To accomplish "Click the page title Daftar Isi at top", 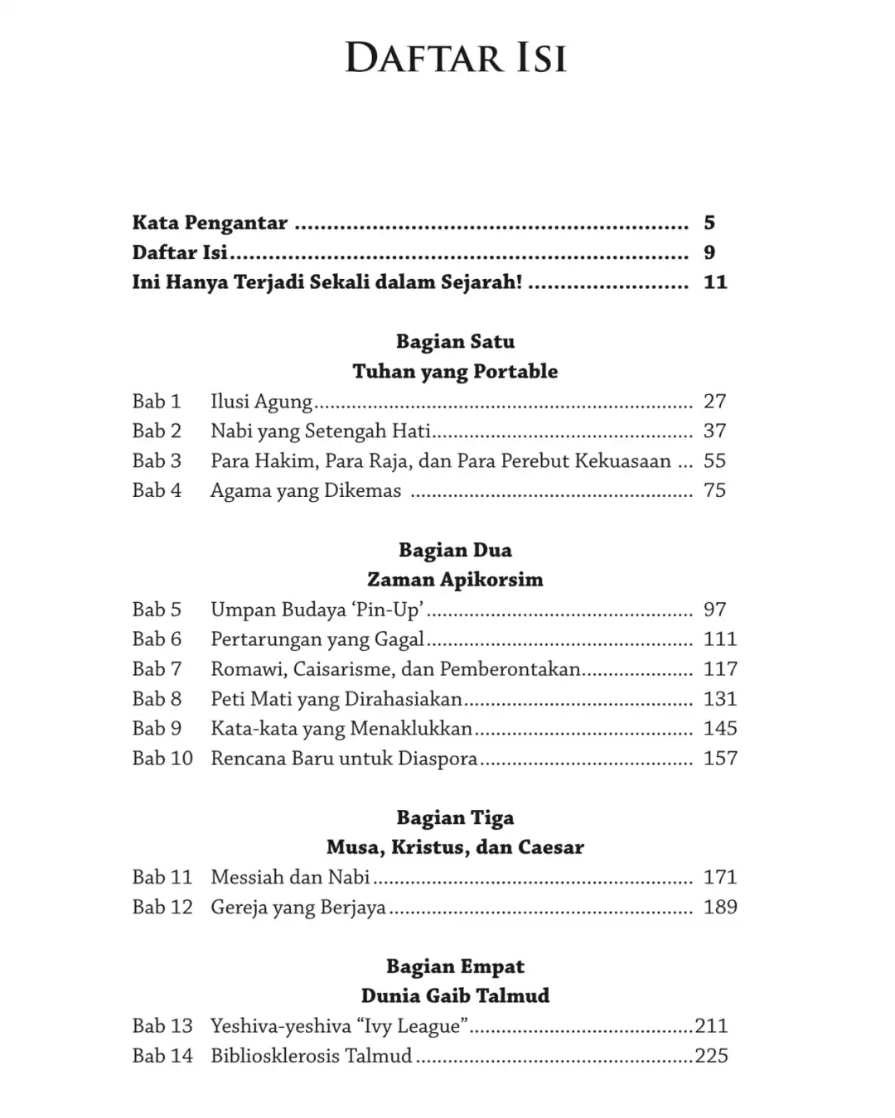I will click(x=455, y=59).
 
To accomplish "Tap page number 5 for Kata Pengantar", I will click(x=709, y=223).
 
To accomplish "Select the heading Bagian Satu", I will click(x=455, y=341).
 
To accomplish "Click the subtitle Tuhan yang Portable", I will click(x=455, y=371).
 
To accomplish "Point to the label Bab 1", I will click(x=157, y=402).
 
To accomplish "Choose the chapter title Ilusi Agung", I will click(x=261, y=402).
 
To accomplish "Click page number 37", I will click(x=714, y=431).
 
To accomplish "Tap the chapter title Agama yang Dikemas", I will click(x=306, y=490).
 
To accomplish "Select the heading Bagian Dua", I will click(x=455, y=550).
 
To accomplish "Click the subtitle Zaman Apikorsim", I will click(x=455, y=580).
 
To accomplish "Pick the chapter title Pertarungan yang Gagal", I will click(x=317, y=639).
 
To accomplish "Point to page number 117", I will click(x=719, y=669).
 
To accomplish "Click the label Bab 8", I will click(x=157, y=699).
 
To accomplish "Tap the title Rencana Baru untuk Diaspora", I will click(x=344, y=759).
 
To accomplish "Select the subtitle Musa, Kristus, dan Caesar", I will click(x=455, y=847).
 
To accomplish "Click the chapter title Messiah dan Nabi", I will click(x=290, y=877).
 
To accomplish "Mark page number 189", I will click(x=719, y=907).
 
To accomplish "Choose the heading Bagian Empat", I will click(x=455, y=966).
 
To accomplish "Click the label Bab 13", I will click(x=162, y=1026).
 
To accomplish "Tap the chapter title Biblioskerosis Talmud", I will click(x=311, y=1056).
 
